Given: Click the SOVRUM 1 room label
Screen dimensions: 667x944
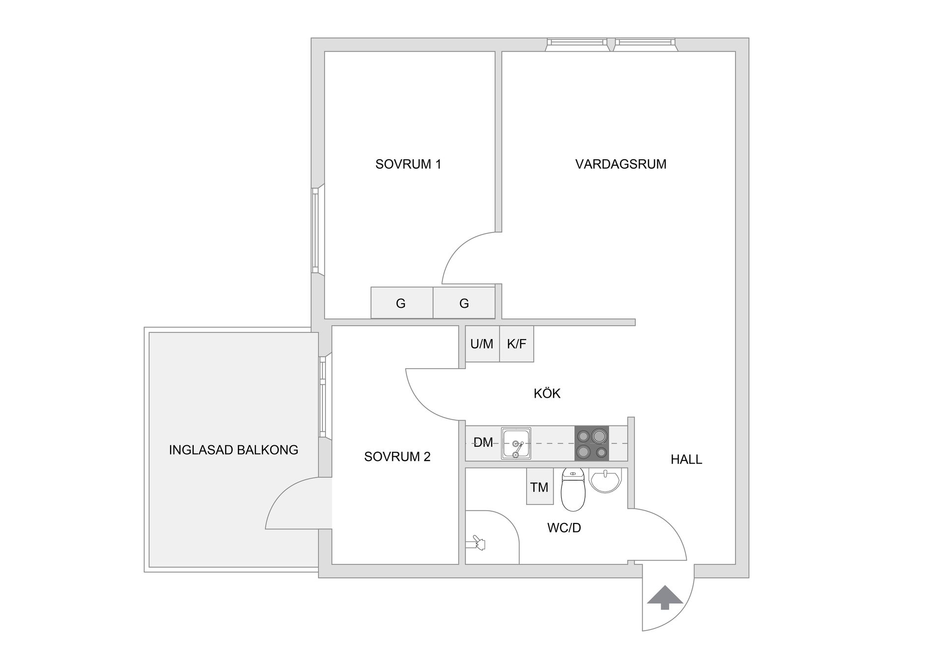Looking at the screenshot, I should [408, 164].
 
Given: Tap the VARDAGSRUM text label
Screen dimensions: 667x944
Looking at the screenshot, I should [620, 164].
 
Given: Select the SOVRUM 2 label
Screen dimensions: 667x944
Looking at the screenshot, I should [397, 457].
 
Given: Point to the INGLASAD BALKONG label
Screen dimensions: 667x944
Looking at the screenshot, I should [234, 450].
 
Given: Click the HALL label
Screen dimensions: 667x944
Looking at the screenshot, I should [686, 460].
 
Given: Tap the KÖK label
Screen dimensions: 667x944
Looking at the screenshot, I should [547, 393].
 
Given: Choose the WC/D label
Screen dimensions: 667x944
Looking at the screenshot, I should [564, 528].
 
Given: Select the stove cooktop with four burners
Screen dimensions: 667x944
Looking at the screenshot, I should [591, 443].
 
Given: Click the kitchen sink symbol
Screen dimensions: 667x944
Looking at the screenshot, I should [516, 443].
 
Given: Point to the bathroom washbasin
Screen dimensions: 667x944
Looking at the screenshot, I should [606, 480].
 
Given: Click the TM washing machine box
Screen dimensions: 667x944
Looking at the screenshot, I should [539, 487].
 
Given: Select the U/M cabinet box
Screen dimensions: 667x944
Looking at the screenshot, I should [482, 344].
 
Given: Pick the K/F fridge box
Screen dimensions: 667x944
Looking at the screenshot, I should [516, 344].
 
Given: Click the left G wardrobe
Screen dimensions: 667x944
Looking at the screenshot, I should [401, 303].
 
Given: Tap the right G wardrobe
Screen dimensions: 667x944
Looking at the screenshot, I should [464, 303].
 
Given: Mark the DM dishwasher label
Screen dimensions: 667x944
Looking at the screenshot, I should [483, 442].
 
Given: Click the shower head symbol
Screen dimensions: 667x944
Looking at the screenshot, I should [477, 543].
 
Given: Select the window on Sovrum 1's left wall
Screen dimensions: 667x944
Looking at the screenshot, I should [316, 230].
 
